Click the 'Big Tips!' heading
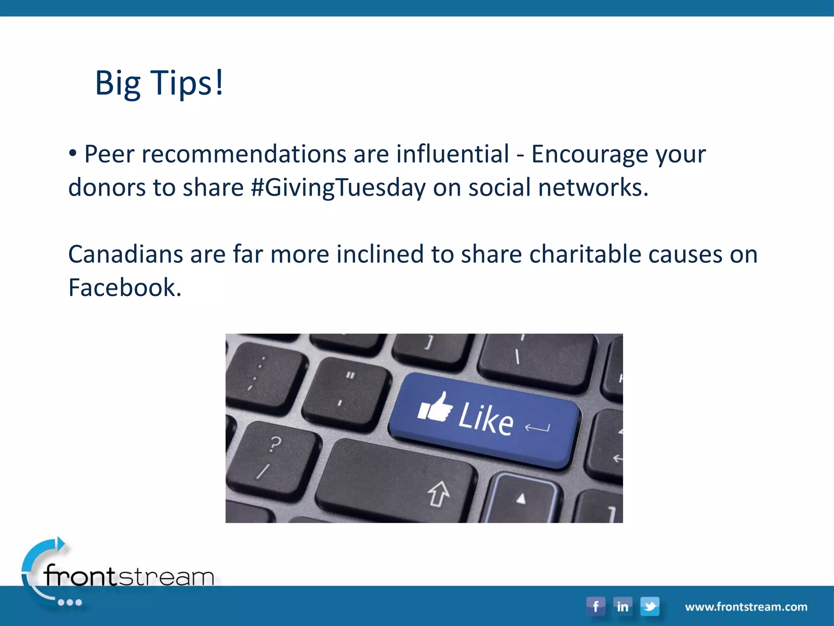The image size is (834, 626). pos(159,83)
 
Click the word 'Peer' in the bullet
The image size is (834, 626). pos(109,154)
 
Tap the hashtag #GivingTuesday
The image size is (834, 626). pos(338,188)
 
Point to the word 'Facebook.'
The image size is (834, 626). pos(125,288)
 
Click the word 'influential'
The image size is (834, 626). pos(452,154)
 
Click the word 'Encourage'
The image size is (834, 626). pos(589,154)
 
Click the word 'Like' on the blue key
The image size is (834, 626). pos(485,418)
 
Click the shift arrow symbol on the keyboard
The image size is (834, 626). pos(439,494)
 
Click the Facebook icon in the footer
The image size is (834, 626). pos(595,606)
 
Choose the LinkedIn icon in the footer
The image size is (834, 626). pos(622,606)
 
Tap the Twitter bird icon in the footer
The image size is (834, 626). pos(650,606)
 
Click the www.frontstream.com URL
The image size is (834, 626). pos(746,607)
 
